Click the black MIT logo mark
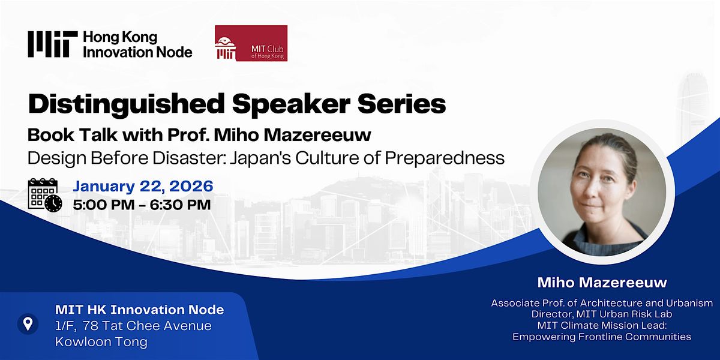coord(53,44)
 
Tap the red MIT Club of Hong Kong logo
coord(251,43)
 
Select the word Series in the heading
coord(401,104)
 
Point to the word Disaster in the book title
coord(190,158)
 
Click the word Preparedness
coord(445,158)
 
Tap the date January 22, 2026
coord(143,187)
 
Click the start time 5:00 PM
coord(104,205)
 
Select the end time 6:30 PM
coord(181,205)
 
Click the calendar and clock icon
coord(45,195)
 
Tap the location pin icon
coord(28,324)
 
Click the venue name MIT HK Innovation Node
coord(139,310)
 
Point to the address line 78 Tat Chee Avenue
coord(147,326)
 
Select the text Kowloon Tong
coord(101,341)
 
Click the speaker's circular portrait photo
coord(602,192)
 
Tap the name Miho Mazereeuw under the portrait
coord(602,283)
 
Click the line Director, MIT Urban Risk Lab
coord(602,314)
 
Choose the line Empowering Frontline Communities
coord(602,337)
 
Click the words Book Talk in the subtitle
coord(73,134)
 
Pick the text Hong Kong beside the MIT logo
coord(120,38)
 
